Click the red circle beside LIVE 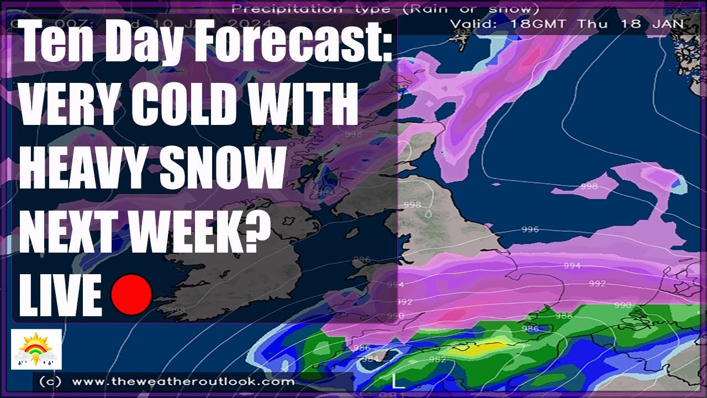tap(131, 295)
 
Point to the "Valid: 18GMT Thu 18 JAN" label tap(567, 24)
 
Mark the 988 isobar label tap(563, 316)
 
